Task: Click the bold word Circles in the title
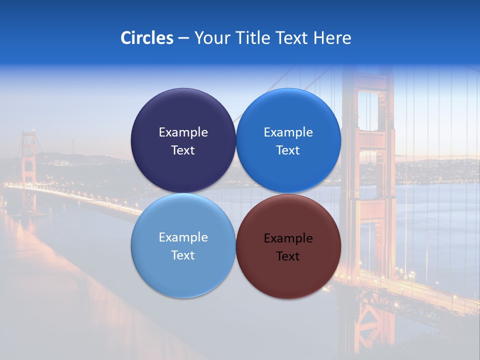146,38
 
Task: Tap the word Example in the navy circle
183,132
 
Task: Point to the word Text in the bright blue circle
288,150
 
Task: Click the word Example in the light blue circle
183,237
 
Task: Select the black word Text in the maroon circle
288,256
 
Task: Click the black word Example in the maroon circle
288,238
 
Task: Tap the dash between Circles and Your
183,38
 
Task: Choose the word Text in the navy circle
183,150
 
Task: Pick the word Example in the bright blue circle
288,132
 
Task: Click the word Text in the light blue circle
183,255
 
